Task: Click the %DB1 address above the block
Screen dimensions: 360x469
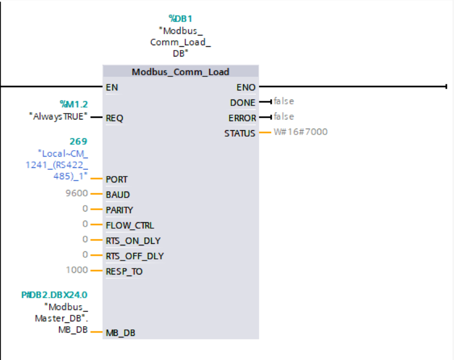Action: coord(180,19)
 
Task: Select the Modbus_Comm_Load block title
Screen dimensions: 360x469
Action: coord(181,72)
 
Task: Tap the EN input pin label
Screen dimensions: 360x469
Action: coord(112,87)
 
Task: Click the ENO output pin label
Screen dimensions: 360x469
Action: coord(246,87)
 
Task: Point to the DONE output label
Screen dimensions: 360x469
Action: coord(243,102)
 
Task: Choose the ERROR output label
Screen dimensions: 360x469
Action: coord(242,118)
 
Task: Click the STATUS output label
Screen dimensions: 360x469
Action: coord(240,133)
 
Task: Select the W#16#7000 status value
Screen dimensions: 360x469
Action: coord(300,132)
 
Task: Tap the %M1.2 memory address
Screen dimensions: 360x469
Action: coord(73,104)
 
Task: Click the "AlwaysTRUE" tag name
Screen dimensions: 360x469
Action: coord(58,116)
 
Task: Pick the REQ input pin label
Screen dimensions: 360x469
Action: coord(115,118)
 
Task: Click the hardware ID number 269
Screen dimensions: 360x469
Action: coord(78,142)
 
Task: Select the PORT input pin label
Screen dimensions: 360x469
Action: coord(117,179)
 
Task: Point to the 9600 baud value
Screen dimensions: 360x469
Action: coord(76,194)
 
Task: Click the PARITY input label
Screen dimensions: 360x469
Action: coord(119,210)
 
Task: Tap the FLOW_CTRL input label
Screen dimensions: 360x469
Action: coord(130,225)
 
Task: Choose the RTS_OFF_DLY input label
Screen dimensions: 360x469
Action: coord(134,256)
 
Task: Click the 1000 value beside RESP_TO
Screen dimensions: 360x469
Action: coord(76,270)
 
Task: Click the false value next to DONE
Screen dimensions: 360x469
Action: coord(283,101)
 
